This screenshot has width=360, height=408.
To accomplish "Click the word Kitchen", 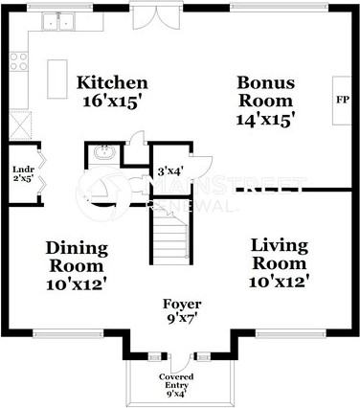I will click(x=112, y=82).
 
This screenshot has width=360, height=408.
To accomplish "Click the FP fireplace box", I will click(x=342, y=99).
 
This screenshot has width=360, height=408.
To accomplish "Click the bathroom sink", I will click(x=104, y=153).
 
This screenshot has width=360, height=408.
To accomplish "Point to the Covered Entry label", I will click(x=180, y=381).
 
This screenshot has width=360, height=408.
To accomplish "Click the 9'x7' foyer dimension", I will click(x=181, y=319).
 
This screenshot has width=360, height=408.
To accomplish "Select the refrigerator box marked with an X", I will click(x=19, y=124).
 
